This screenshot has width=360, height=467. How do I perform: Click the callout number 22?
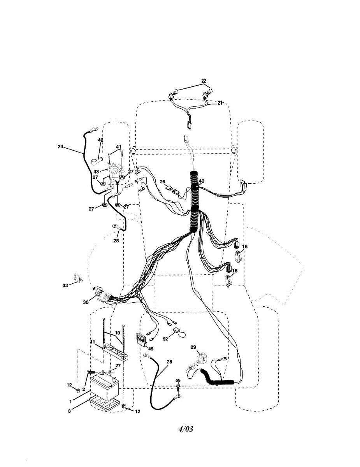tap(204, 81)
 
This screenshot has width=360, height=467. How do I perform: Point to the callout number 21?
tap(220, 103)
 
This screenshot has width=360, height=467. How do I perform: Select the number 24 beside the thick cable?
tap(60, 147)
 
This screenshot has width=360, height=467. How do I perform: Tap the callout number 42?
tap(100, 140)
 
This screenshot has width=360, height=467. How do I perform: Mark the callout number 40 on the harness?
tap(202, 181)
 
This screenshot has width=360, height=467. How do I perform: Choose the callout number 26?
tap(162, 181)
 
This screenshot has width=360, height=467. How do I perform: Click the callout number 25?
tap(116, 241)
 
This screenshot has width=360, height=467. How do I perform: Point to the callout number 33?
tap(65, 285)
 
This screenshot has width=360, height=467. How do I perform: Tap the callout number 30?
tap(86, 302)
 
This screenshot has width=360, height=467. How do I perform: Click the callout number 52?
tap(165, 339)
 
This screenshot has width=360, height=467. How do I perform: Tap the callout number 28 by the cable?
tap(169, 362)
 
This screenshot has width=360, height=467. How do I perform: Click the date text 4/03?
tap(186, 429)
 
